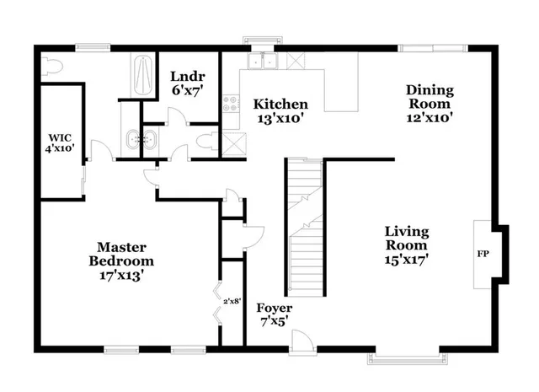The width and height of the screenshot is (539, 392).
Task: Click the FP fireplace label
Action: pos(483,253)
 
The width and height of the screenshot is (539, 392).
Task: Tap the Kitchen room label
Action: pos(280,105)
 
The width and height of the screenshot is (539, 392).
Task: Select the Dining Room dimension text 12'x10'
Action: pos(430,119)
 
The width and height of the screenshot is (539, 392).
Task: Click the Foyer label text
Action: pos(275,308)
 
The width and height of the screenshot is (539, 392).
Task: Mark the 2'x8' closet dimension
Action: pos(232,300)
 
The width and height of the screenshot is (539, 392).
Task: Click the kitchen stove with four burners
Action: pos(230,105)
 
